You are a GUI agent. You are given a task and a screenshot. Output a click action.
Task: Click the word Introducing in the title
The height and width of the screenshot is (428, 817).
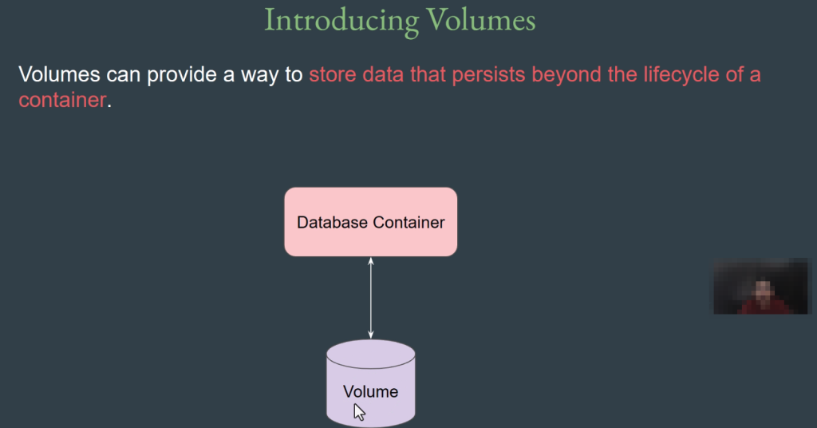341,21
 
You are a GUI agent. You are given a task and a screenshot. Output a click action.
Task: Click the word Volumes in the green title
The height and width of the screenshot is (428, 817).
481,20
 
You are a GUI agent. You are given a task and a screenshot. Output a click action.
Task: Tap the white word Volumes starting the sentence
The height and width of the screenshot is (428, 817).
59,74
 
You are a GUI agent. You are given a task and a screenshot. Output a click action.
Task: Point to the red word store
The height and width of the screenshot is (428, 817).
333,74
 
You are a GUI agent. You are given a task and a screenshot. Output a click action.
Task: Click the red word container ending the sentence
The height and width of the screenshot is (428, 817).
62,100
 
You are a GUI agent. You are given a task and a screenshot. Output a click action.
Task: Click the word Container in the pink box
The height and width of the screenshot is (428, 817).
408,223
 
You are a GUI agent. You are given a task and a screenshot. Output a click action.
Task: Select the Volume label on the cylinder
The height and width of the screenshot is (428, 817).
370,391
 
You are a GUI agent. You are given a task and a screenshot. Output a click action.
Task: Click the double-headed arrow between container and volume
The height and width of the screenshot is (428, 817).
371,298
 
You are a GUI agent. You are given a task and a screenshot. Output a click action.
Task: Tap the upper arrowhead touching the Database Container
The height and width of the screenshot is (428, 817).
371,260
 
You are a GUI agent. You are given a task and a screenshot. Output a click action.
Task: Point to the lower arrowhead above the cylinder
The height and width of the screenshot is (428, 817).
371,335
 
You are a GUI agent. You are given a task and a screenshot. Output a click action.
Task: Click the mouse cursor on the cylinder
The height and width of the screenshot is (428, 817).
359,412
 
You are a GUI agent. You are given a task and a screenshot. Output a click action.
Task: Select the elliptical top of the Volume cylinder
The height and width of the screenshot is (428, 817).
371,355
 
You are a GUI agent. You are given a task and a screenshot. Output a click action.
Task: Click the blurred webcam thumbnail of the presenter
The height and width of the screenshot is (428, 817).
762,286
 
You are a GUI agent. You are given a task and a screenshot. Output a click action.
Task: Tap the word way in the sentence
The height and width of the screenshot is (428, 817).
259,76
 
